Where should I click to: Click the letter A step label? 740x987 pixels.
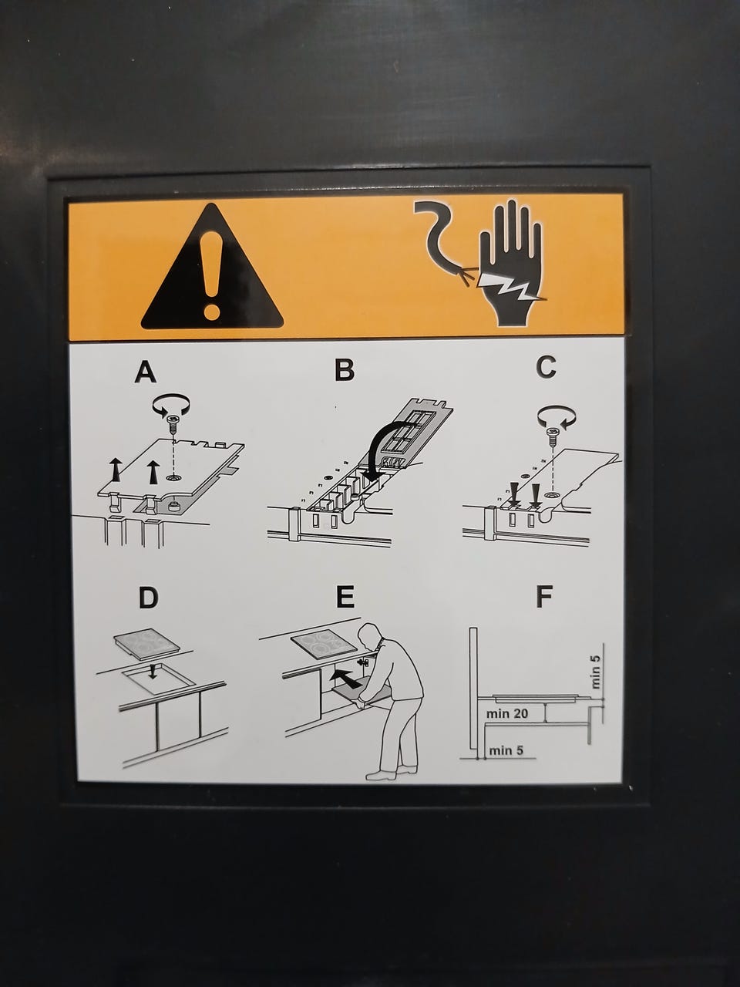[146, 372]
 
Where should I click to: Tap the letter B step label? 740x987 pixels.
[345, 369]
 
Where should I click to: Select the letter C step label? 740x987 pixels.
[546, 367]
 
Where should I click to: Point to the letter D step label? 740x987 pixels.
[148, 598]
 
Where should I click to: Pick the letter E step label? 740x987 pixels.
[345, 597]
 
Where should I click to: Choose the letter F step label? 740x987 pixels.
[544, 596]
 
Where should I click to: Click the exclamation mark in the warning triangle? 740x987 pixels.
[211, 275]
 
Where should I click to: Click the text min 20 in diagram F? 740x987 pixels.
[506, 713]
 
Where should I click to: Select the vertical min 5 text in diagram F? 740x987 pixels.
[595, 672]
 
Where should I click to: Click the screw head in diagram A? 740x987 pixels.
[173, 419]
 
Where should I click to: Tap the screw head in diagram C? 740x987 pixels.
[551, 433]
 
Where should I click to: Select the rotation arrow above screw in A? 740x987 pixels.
[170, 403]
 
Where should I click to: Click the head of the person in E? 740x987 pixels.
[370, 635]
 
